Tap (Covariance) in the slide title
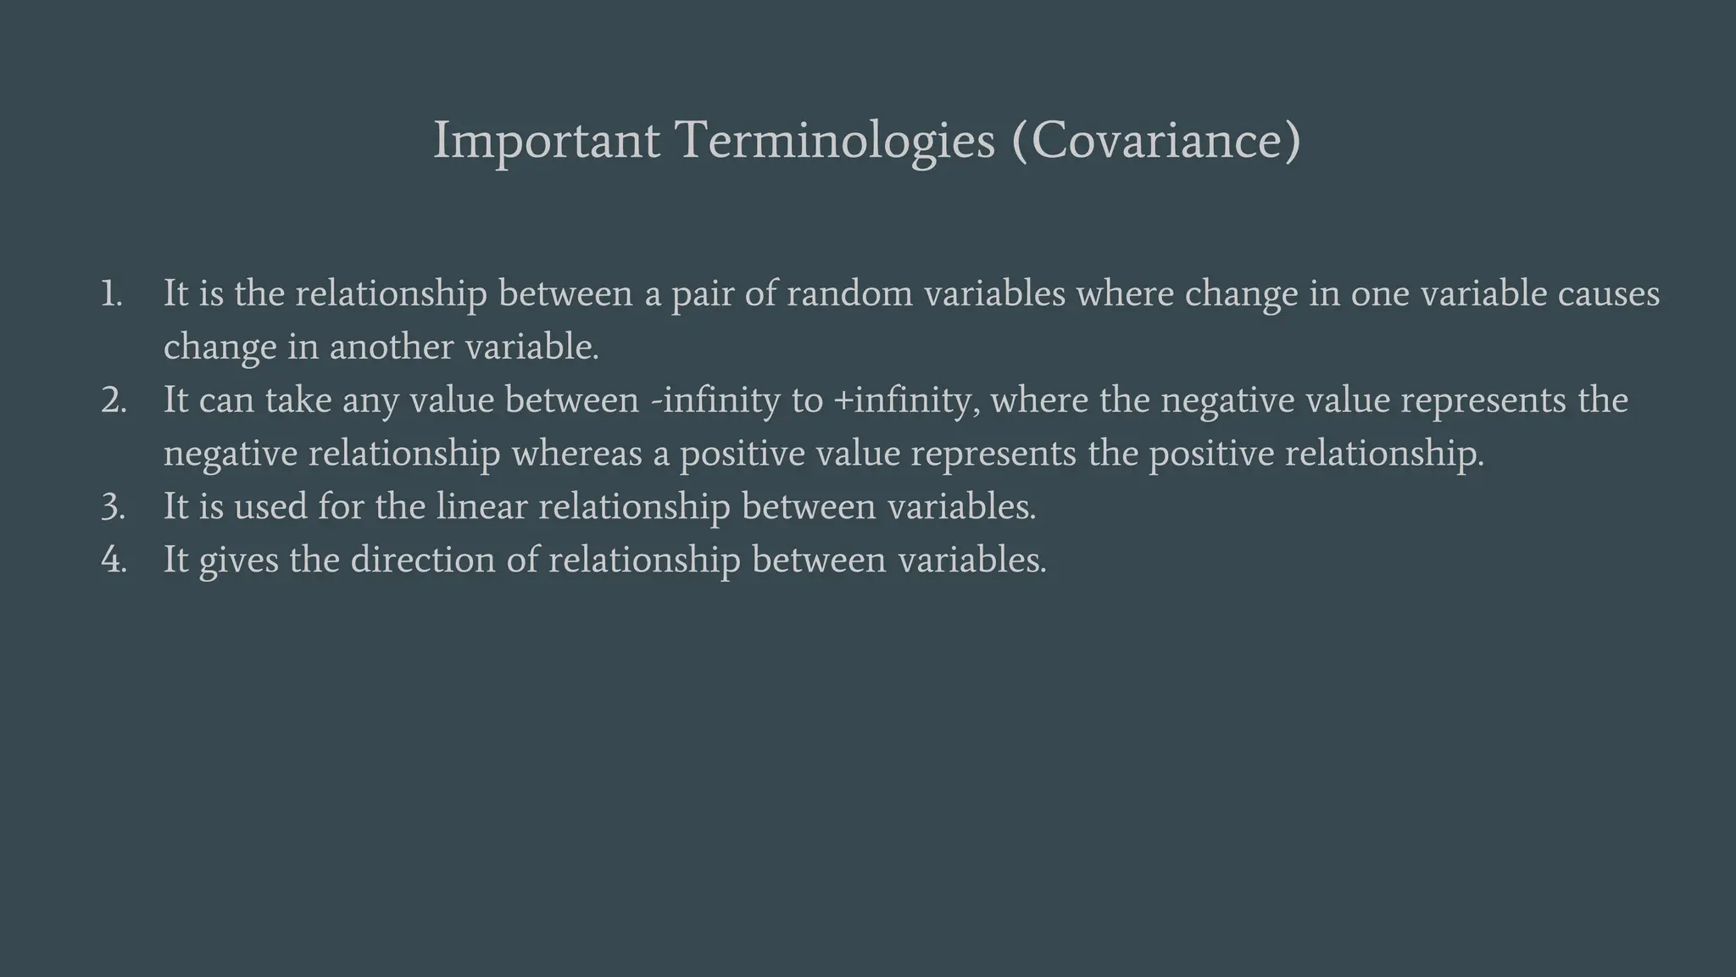tap(1155, 141)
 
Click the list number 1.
tap(111, 294)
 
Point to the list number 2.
tap(114, 400)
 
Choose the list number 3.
tap(114, 507)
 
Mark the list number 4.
tap(114, 561)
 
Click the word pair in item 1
tap(703, 294)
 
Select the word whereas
tap(576, 454)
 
